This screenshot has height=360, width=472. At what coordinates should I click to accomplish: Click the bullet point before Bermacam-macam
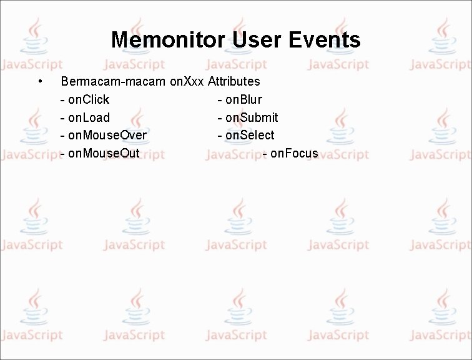[x=39, y=81]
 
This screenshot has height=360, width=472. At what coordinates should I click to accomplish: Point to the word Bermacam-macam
[x=113, y=81]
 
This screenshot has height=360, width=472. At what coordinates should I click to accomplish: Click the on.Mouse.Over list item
[x=107, y=136]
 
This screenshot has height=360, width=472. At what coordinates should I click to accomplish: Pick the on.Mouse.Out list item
[x=103, y=154]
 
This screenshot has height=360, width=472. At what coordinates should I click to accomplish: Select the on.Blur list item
[x=243, y=99]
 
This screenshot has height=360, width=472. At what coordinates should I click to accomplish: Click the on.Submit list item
[x=252, y=117]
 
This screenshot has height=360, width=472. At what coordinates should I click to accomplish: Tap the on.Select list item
[x=250, y=136]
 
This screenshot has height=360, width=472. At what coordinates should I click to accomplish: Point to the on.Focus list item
[x=294, y=154]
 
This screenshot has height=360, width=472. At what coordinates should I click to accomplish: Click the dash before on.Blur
[x=220, y=100]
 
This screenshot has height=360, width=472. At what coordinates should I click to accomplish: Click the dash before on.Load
[x=62, y=118]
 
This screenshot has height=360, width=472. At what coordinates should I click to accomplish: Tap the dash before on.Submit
[x=220, y=118]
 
